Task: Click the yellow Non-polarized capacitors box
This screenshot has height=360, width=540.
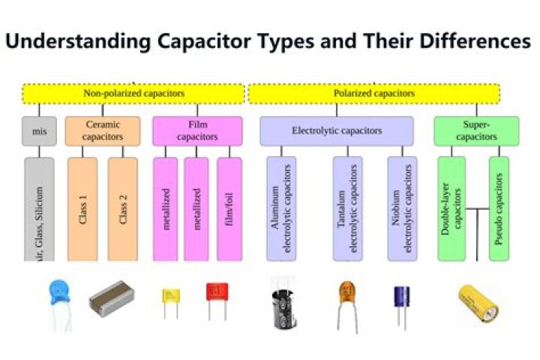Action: tap(133, 94)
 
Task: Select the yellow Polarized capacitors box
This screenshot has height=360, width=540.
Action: tap(373, 94)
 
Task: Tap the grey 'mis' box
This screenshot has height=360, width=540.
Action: tap(39, 131)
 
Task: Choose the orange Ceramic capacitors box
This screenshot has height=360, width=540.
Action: tap(102, 131)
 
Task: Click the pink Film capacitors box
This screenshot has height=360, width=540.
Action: tap(197, 131)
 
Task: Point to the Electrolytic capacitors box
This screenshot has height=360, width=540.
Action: tap(337, 131)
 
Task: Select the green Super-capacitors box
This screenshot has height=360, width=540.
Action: tap(476, 131)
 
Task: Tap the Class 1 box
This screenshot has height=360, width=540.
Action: tap(82, 209)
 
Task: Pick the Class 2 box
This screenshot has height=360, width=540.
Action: tap(123, 209)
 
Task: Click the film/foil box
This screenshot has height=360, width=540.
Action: tap(229, 209)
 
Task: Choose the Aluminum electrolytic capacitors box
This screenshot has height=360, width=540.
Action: tap(281, 209)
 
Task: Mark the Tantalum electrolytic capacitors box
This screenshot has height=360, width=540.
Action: tap(347, 209)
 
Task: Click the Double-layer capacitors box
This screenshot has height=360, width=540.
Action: tap(451, 209)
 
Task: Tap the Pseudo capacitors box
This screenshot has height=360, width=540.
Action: tap(499, 209)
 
